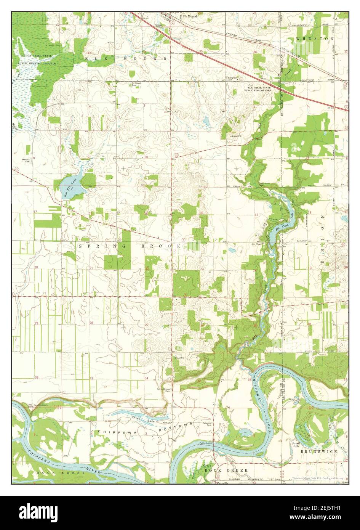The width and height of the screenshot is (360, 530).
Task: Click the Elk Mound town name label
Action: tap(189, 16)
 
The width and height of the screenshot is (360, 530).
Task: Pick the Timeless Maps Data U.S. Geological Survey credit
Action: tap(318, 478)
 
